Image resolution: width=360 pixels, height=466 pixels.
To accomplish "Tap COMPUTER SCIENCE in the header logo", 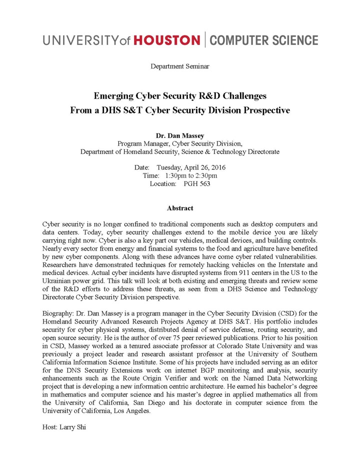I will coord(263,40).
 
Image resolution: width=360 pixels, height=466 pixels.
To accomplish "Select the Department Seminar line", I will coord(179,66).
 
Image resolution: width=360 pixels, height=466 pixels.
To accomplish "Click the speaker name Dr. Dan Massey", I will coord(179,135).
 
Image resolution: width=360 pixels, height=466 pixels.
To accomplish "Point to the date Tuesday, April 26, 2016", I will coord(191,167).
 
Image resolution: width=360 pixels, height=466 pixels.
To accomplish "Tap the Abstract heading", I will coord(179,208).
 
